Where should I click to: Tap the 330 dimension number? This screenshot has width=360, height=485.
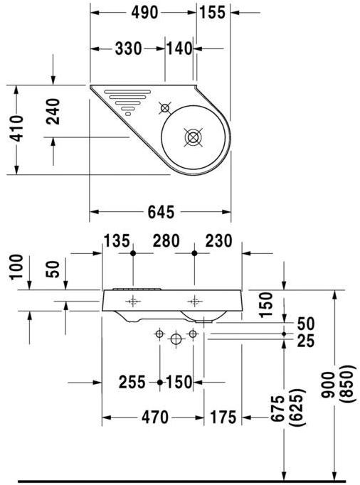coord(128,48)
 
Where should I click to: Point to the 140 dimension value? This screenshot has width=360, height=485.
coord(179,48)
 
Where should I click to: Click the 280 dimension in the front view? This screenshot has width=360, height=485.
coord(164,241)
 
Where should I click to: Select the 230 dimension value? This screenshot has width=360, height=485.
coord(218,241)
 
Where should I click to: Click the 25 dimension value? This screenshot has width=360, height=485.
coord(305,341)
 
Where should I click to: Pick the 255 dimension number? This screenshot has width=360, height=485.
coord(131,383)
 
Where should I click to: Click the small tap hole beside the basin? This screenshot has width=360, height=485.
coord(165,108)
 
